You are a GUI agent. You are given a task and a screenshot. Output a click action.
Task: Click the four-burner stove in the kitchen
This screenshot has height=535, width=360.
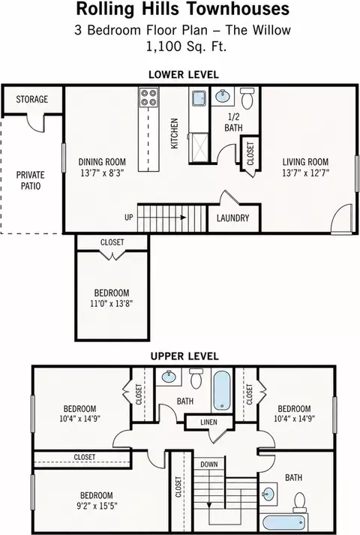click(148, 98)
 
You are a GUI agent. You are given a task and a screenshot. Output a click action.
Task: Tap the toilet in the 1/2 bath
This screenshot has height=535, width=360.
click(247, 98)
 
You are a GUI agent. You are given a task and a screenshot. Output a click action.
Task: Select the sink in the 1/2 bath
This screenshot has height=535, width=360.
click(222, 96)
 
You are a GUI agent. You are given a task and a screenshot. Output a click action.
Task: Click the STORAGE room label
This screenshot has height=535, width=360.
click(32, 99)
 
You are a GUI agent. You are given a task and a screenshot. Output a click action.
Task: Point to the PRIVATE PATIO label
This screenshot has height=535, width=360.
click(31, 181)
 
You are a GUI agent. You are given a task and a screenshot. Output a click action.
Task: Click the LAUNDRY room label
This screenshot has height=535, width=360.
click(232, 218)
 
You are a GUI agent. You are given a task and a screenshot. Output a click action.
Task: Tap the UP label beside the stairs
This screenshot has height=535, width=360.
click(128, 218)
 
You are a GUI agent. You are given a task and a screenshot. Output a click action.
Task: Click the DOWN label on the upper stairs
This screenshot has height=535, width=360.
click(209, 464)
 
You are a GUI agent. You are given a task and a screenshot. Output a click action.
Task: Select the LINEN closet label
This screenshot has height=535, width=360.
click(208, 422)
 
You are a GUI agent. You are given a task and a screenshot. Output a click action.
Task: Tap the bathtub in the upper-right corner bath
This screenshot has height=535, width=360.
click(283, 522)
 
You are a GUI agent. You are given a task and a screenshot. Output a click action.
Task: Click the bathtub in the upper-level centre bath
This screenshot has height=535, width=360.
click(221, 390)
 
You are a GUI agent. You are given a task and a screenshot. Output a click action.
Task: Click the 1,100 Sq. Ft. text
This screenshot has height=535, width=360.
click(186, 46)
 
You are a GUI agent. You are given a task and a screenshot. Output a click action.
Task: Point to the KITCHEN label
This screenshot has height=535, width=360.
click(174, 134)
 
